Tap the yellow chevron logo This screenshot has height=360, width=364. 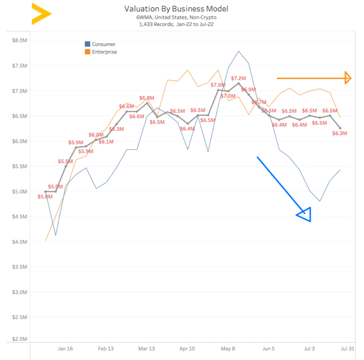click(x=41, y=14)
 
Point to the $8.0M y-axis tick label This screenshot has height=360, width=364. click(x=20, y=40)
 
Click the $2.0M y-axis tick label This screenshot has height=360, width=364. click(x=20, y=339)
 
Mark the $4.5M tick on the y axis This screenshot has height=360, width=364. click(x=20, y=217)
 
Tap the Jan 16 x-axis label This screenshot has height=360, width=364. click(x=65, y=349)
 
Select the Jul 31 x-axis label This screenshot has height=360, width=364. click(x=348, y=349)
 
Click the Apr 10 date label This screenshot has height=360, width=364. click(x=187, y=349)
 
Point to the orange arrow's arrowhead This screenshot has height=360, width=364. click(x=348, y=78)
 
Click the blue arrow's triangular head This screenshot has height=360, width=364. click(x=305, y=215)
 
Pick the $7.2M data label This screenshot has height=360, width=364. click(x=238, y=78)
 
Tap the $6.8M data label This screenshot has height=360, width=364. click(x=147, y=98)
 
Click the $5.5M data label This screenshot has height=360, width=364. click(x=66, y=161)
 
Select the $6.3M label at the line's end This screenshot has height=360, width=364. click(x=339, y=133)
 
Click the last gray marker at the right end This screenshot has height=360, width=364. click(x=340, y=128)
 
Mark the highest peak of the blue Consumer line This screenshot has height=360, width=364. click(x=238, y=51)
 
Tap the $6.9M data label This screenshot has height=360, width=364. click(x=248, y=90)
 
